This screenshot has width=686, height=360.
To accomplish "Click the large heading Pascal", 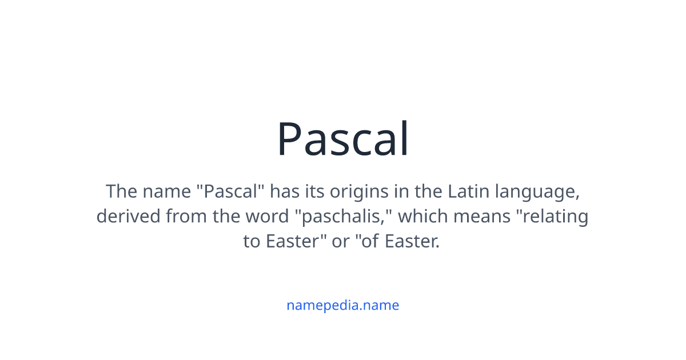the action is (342, 139).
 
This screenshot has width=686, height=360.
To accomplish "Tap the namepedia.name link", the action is (342, 305).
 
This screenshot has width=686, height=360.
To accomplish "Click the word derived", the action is (129, 216).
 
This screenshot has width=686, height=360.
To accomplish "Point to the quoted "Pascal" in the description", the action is (230, 191).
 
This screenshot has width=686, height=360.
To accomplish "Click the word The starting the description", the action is (122, 191).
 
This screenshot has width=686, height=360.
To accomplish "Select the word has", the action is (285, 191).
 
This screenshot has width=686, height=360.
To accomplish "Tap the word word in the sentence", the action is (268, 217).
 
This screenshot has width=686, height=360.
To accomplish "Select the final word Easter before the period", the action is (410, 241).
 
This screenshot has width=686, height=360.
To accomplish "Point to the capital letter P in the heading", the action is (290, 139).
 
